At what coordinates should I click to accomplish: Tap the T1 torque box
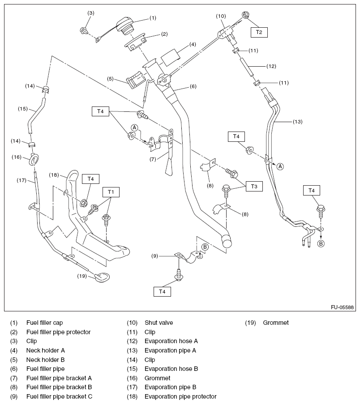click(111, 192)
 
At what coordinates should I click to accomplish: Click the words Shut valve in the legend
click(159, 323)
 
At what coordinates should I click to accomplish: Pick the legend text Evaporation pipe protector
click(180, 396)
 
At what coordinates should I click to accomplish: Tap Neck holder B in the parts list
click(45, 360)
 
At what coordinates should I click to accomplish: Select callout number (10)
click(221, 16)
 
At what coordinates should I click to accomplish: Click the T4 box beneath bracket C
click(162, 292)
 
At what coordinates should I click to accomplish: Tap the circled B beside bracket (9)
click(205, 247)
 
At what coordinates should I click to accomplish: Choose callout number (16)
click(17, 157)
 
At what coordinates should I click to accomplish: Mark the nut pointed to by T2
click(246, 15)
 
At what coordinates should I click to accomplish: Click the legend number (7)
click(14, 378)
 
